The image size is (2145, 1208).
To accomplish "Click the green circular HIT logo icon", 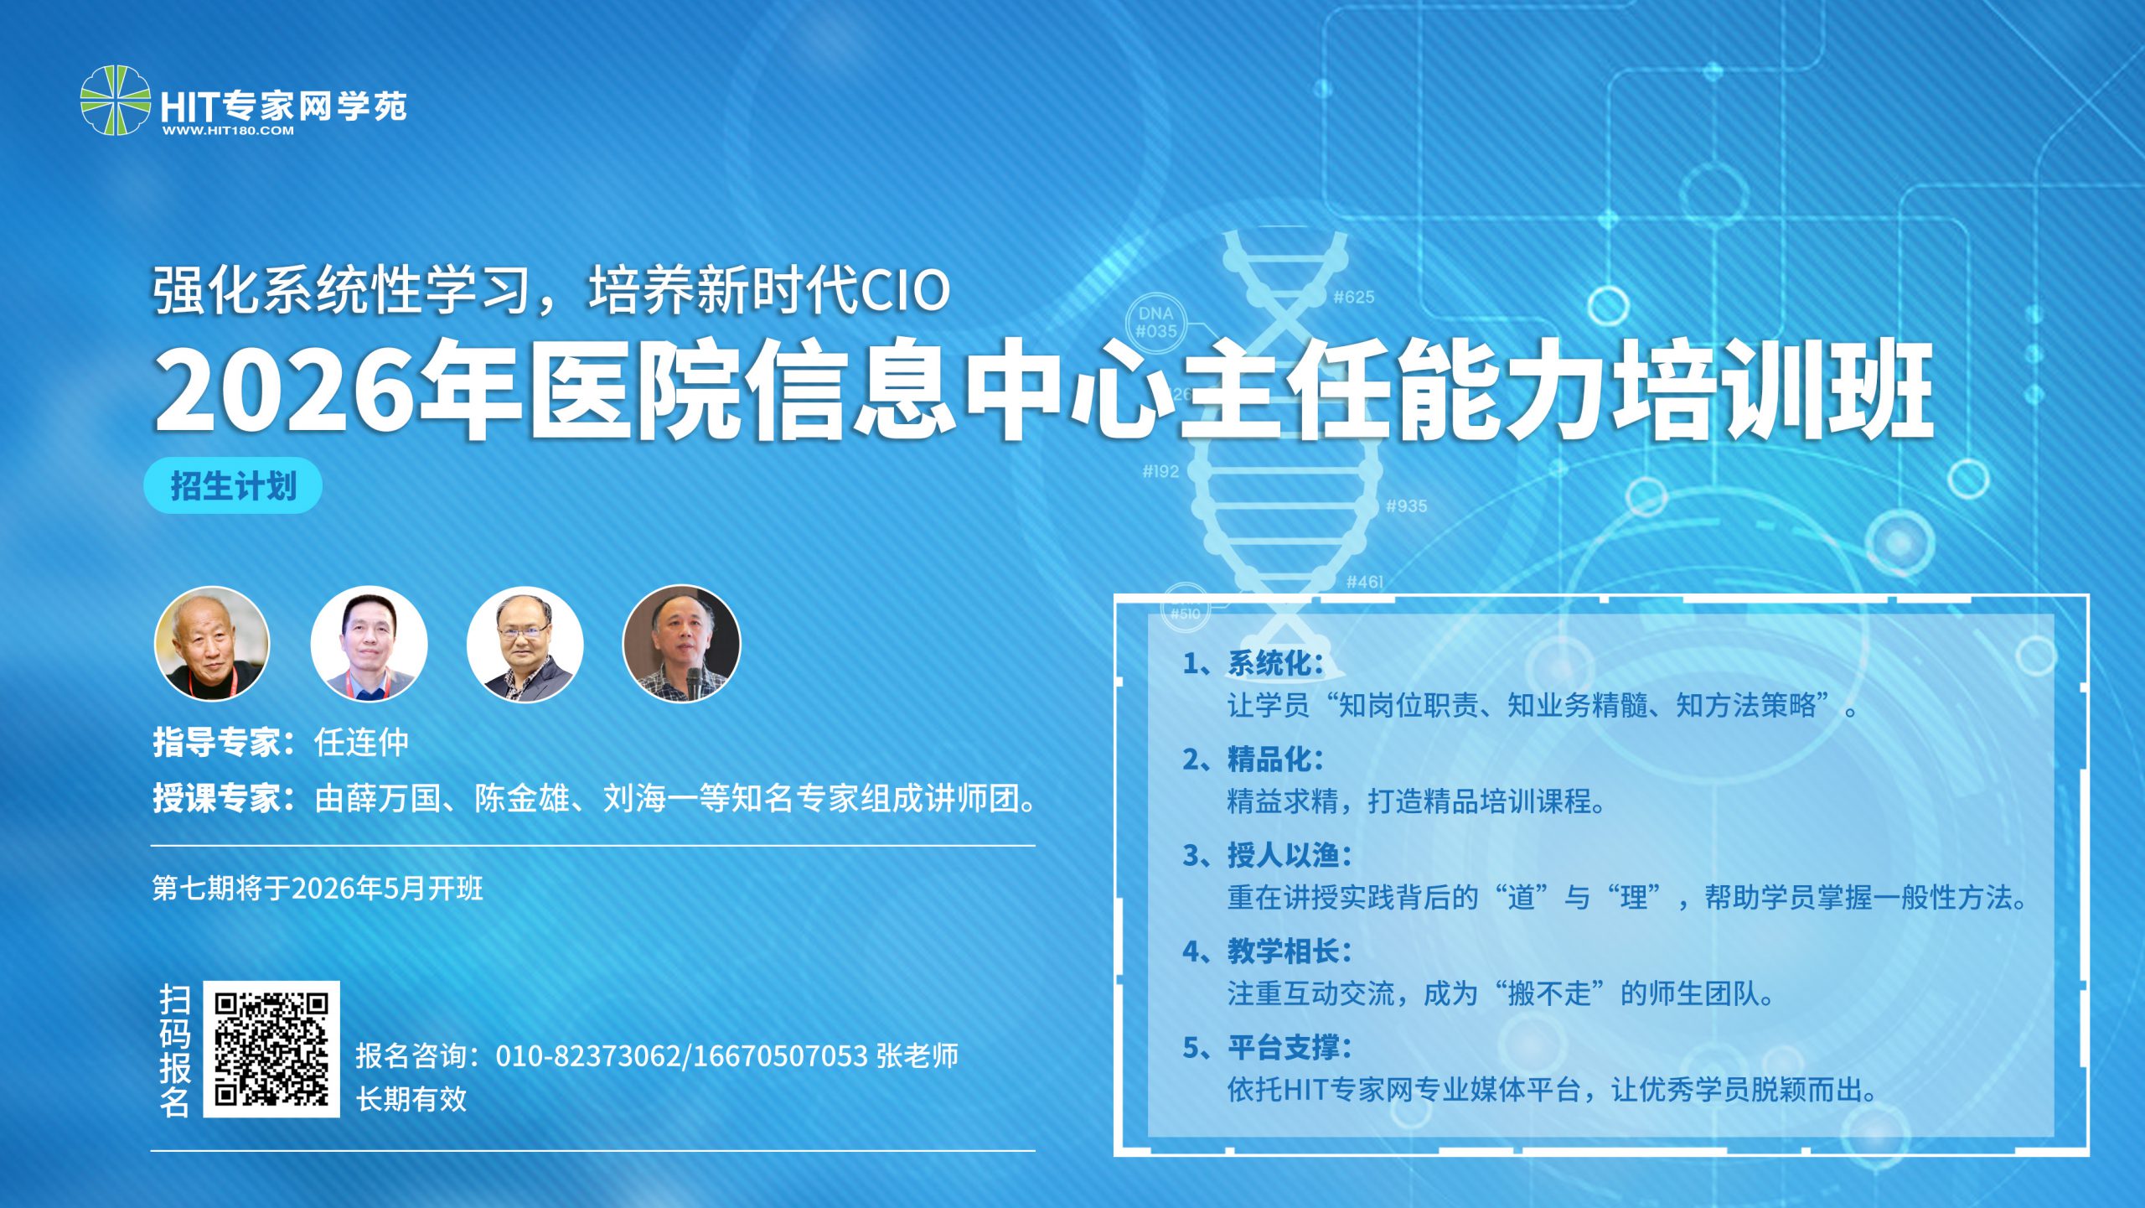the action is (116, 101).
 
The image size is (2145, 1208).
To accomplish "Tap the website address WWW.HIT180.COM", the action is (228, 131).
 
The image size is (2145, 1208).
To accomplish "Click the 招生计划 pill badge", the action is (233, 485).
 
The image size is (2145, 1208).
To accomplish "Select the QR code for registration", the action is (271, 1049).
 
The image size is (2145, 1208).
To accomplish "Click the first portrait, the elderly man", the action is (212, 644).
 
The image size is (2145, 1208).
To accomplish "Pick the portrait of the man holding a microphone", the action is (681, 644).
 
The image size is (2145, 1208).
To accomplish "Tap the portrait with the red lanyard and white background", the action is (369, 644).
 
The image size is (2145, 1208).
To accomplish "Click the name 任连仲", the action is (361, 742).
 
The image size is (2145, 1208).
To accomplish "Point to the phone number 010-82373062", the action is (589, 1056).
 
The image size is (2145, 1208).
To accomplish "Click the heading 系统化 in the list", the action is (1275, 663).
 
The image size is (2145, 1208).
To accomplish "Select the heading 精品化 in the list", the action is (1275, 760).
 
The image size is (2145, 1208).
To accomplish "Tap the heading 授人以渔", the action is (1290, 855).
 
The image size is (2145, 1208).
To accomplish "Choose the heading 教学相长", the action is (1290, 951).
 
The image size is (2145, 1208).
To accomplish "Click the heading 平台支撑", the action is (1290, 1047).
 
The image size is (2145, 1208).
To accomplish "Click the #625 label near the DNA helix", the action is (1354, 297).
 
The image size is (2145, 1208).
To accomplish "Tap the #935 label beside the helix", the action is (1406, 505).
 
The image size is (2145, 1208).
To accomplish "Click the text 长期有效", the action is (411, 1099).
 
